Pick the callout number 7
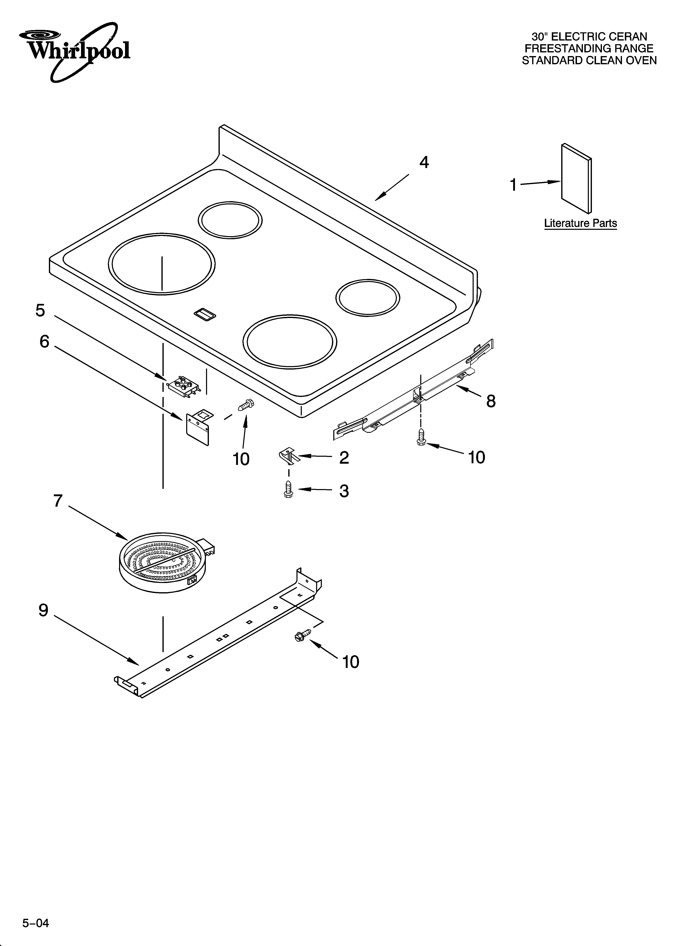pos(58,501)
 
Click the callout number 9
pos(43,610)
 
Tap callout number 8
pos(491,401)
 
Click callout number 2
pos(344,458)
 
